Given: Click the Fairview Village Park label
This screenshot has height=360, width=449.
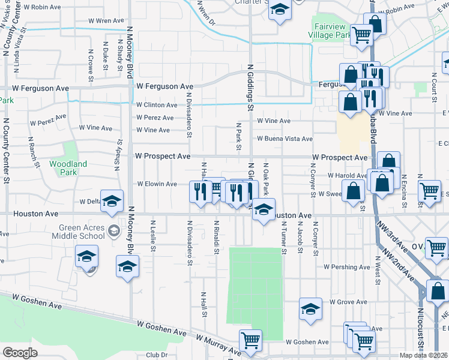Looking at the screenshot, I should click(331, 31).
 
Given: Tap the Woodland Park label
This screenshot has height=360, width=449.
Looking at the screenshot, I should click(68, 168).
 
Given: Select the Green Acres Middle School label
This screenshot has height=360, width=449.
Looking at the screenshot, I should click(83, 232).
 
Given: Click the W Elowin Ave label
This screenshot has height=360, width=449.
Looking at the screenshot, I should click(157, 184).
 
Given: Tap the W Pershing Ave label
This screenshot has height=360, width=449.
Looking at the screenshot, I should click(347, 266).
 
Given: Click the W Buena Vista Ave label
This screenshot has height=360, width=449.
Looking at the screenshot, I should click(285, 139).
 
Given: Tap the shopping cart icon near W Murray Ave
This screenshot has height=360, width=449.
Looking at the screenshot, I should click(250, 340).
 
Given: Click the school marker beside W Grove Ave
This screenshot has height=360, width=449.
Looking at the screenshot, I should click(310, 308).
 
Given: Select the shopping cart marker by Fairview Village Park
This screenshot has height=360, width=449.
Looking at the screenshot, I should click(361, 34).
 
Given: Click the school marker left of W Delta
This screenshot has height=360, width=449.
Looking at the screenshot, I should click(112, 202).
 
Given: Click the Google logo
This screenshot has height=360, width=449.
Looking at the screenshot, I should click(20, 353).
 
